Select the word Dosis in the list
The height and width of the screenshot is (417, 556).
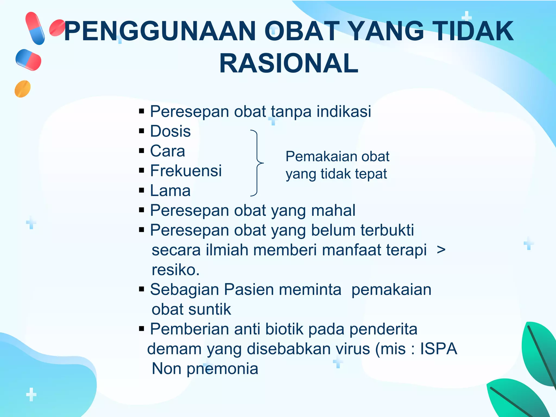(170, 131)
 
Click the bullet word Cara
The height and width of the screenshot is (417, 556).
(168, 151)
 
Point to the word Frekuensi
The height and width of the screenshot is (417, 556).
(186, 171)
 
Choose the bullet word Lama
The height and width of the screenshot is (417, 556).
(170, 191)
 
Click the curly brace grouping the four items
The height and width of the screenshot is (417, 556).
(257, 163)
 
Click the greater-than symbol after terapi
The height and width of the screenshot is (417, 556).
(441, 250)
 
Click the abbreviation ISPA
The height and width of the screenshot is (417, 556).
(438, 349)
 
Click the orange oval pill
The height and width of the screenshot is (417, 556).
(23, 89)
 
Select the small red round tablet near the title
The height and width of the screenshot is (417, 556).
(57, 28)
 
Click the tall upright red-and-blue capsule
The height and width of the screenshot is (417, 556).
(35, 28)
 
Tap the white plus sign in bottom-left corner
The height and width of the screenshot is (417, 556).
(31, 394)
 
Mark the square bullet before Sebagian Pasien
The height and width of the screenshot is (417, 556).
(141, 289)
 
